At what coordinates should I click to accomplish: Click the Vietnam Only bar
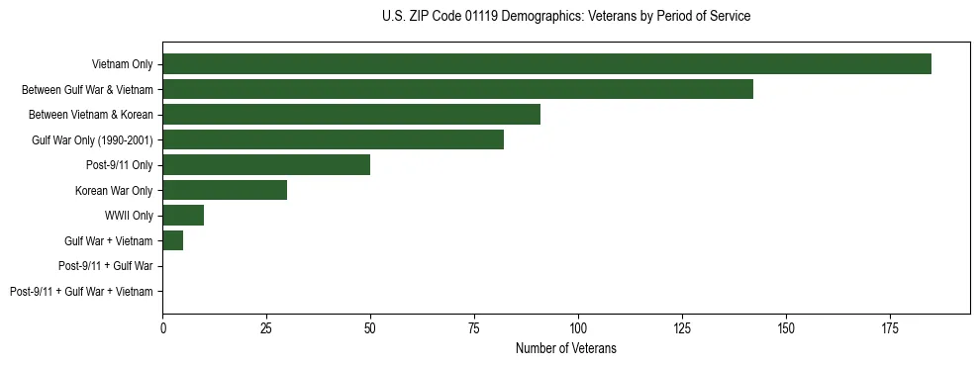pos(546,64)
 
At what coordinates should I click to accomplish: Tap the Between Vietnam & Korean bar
pos(351,115)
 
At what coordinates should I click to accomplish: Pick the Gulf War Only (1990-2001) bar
pos(333,139)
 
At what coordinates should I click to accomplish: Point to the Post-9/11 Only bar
pos(266,165)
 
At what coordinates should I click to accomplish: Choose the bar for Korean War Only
pos(225,190)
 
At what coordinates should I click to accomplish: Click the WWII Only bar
pos(183,216)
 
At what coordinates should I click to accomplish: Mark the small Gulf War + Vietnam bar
pos(173,240)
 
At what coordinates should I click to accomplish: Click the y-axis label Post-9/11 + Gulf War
pos(105,266)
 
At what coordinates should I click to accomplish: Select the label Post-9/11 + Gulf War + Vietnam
pos(81,292)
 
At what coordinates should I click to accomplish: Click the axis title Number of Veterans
pos(565,347)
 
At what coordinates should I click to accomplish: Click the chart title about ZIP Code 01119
pos(565,17)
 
